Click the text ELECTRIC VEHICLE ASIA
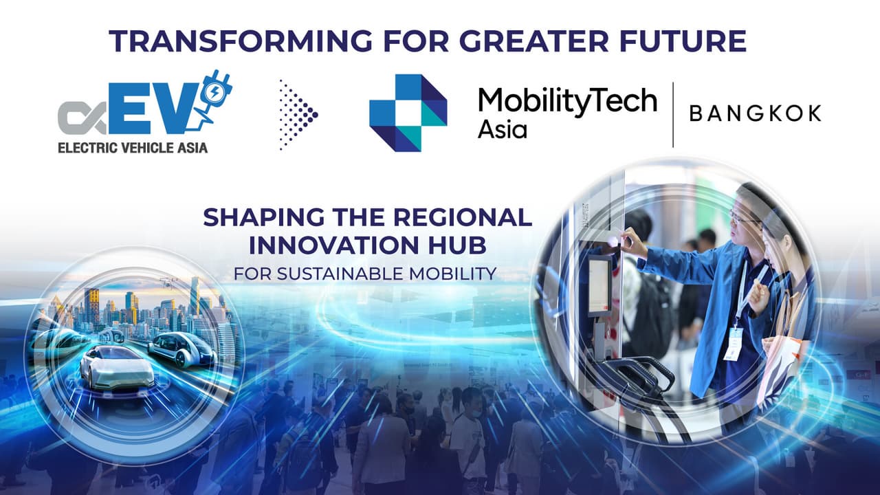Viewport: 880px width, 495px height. (x=132, y=146)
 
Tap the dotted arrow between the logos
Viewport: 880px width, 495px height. (x=296, y=115)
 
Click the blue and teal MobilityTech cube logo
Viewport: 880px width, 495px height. (x=408, y=113)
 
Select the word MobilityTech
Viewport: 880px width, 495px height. (x=567, y=102)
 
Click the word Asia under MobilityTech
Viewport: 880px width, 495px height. (x=502, y=129)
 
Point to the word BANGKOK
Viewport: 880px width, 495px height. (x=755, y=113)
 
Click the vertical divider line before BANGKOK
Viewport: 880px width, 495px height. (x=673, y=114)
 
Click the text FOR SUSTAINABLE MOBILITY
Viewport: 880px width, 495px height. (x=364, y=273)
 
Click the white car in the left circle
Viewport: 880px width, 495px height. (x=117, y=368)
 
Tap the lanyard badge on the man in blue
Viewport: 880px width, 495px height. (x=734, y=342)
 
